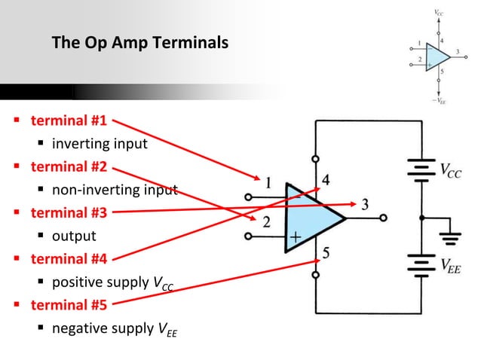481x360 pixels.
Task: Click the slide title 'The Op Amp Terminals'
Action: pos(139,44)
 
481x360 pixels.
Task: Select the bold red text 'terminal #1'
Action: pos(69,121)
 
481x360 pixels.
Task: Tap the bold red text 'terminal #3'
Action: pos(69,212)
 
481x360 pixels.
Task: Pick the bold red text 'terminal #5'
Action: pos(69,305)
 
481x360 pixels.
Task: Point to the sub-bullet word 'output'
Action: pos(74,236)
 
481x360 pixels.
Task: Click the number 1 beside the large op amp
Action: pos(268,182)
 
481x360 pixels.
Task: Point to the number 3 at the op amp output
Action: pos(365,204)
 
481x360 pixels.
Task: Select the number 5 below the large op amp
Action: pos(326,253)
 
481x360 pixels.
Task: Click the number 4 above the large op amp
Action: pos(326,181)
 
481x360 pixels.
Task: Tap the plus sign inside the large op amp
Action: pos(296,237)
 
